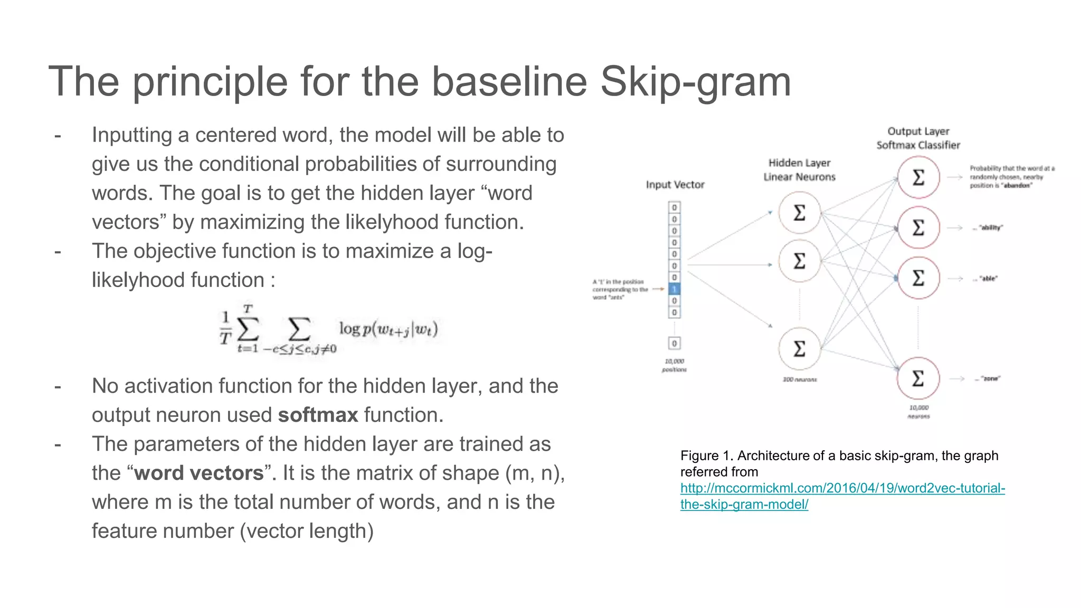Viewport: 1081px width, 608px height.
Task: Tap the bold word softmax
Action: pos(318,415)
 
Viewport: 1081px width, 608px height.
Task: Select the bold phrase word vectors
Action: pos(198,473)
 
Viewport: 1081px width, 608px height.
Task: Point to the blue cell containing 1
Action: pos(674,289)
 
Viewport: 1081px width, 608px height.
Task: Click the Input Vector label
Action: pos(675,185)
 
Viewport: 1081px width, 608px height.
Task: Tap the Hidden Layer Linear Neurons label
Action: pos(799,170)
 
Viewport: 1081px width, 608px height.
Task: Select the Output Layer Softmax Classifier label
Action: pos(918,138)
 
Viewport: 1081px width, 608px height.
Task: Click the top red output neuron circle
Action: pos(918,177)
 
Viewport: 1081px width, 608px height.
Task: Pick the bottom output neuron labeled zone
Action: pos(918,378)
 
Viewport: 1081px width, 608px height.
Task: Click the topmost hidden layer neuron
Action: pos(800,213)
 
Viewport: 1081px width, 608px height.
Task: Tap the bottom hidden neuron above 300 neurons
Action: pos(800,348)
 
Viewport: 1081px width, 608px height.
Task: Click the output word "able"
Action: pos(988,279)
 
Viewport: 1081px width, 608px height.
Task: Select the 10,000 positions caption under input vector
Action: pos(674,365)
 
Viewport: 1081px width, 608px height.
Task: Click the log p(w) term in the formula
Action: pos(388,329)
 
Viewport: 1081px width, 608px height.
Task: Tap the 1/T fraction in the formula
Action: pos(225,327)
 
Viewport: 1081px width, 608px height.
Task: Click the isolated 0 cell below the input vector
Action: pos(674,344)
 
